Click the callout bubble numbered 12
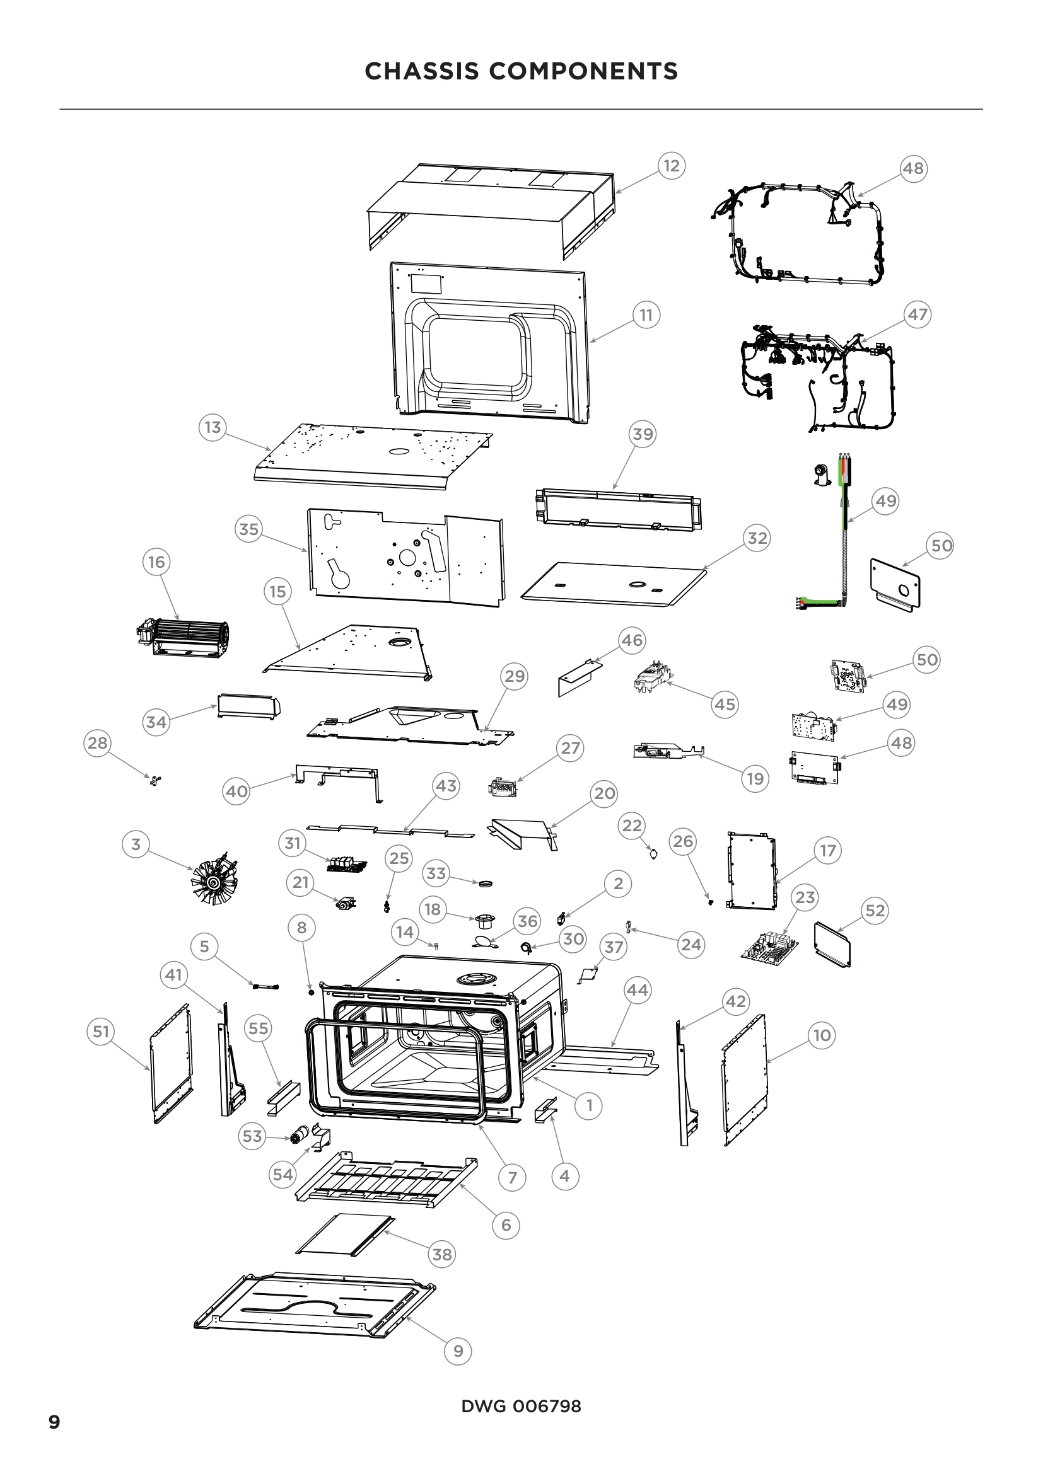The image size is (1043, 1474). (x=671, y=166)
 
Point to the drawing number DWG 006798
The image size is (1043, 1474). (x=521, y=1406)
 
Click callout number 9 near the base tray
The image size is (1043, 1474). (x=458, y=1350)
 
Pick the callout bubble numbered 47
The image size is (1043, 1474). (x=917, y=314)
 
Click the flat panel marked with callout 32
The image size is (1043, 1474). (x=614, y=583)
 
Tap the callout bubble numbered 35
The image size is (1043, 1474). (x=248, y=529)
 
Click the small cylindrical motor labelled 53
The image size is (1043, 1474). (x=298, y=1136)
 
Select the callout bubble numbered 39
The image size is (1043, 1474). (x=642, y=434)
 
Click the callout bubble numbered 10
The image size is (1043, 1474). (x=822, y=1035)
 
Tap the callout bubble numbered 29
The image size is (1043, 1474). (x=515, y=676)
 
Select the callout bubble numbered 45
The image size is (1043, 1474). (x=725, y=705)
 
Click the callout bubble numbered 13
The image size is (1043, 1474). (x=213, y=427)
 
